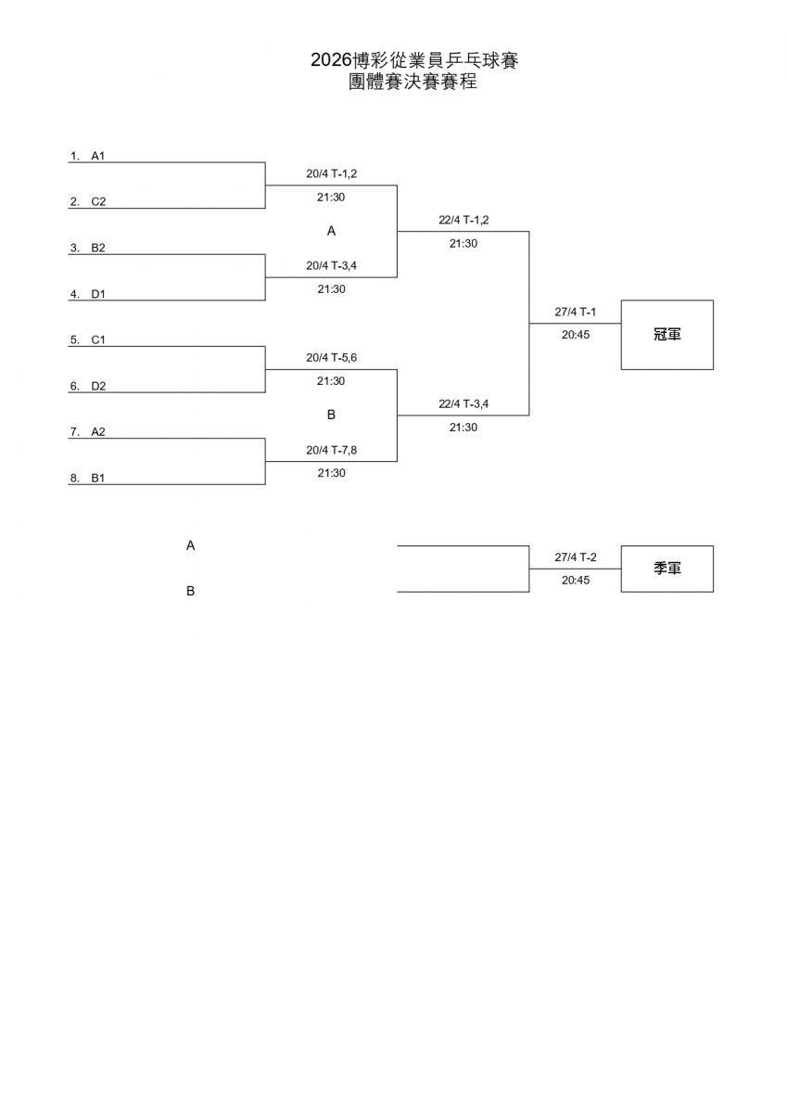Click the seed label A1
(97, 156)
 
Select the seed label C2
(98, 201)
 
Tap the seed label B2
(98, 248)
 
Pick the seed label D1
(98, 294)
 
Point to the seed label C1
(98, 339)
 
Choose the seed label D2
(98, 386)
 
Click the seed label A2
(98, 431)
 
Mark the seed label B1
(98, 478)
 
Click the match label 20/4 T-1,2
(331, 173)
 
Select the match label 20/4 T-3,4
(331, 265)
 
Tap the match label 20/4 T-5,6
(331, 357)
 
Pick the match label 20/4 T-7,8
(331, 449)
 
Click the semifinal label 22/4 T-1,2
(463, 220)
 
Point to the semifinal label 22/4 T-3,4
(463, 403)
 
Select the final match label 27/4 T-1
(575, 312)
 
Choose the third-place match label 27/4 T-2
(575, 557)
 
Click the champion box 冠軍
(666, 335)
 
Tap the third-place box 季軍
(666, 569)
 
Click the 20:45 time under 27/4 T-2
(575, 581)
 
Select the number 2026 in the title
(331, 60)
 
